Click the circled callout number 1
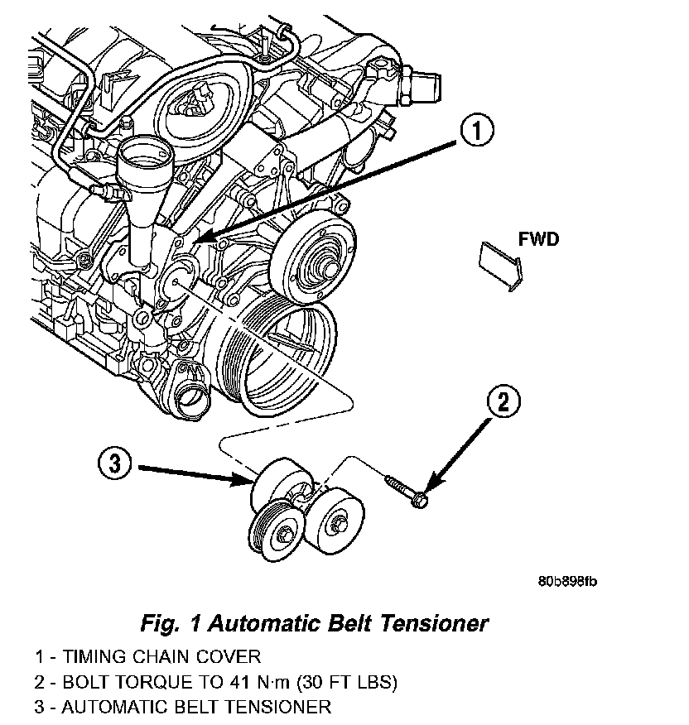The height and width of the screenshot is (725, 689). pos(476,131)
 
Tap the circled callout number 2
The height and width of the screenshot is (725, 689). pos(503,401)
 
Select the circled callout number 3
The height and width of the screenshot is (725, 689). pos(115,463)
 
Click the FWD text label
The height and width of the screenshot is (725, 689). pos(538,239)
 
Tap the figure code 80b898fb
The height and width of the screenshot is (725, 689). pos(567,581)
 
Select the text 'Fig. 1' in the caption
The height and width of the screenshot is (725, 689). pos(171,623)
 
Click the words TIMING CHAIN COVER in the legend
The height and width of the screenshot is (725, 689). pos(162,656)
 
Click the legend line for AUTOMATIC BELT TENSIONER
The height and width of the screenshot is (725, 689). pos(183,708)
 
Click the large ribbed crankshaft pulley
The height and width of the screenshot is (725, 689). pos(277,355)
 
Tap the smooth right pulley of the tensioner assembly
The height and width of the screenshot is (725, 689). pos(335,523)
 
